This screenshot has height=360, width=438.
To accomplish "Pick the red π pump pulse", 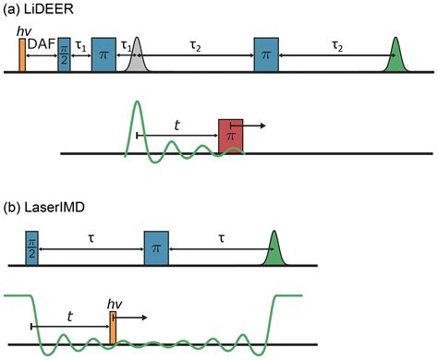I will click(230, 135).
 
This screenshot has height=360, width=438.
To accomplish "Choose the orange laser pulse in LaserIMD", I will click(113, 329).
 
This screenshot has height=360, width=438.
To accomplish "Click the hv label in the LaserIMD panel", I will click(116, 302).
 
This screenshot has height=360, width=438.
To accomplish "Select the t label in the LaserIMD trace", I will click(69, 315).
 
